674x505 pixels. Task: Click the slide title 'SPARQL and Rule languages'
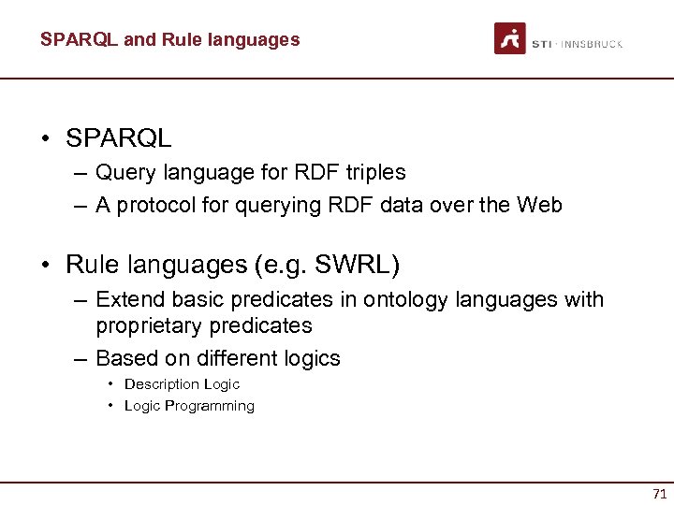[x=169, y=39]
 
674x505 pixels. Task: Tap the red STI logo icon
[x=510, y=39]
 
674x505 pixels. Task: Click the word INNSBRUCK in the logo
[x=592, y=44]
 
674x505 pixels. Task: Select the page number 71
[x=659, y=493]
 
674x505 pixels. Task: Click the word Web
[x=540, y=205]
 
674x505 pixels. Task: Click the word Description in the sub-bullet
[x=161, y=384]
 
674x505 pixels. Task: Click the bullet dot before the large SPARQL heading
[x=45, y=139]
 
